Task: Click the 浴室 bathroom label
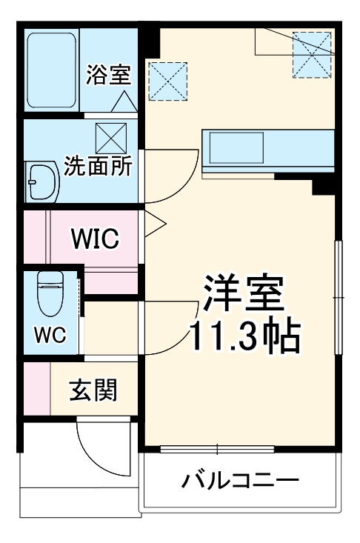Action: tap(108, 74)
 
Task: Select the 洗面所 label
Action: tap(97, 165)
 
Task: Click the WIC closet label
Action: tap(94, 239)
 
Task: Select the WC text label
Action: tap(50, 334)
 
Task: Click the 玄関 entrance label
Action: tap(94, 390)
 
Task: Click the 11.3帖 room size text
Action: tap(245, 336)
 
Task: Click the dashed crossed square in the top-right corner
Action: tap(310, 54)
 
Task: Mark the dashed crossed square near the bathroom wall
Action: tap(169, 81)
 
